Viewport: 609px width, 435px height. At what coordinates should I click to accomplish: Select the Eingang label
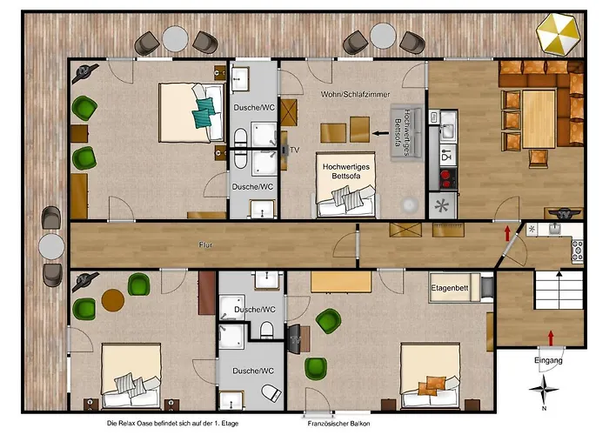(549, 359)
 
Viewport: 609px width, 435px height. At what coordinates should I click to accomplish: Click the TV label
(295, 150)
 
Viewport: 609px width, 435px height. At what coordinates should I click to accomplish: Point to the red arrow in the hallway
(506, 232)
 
